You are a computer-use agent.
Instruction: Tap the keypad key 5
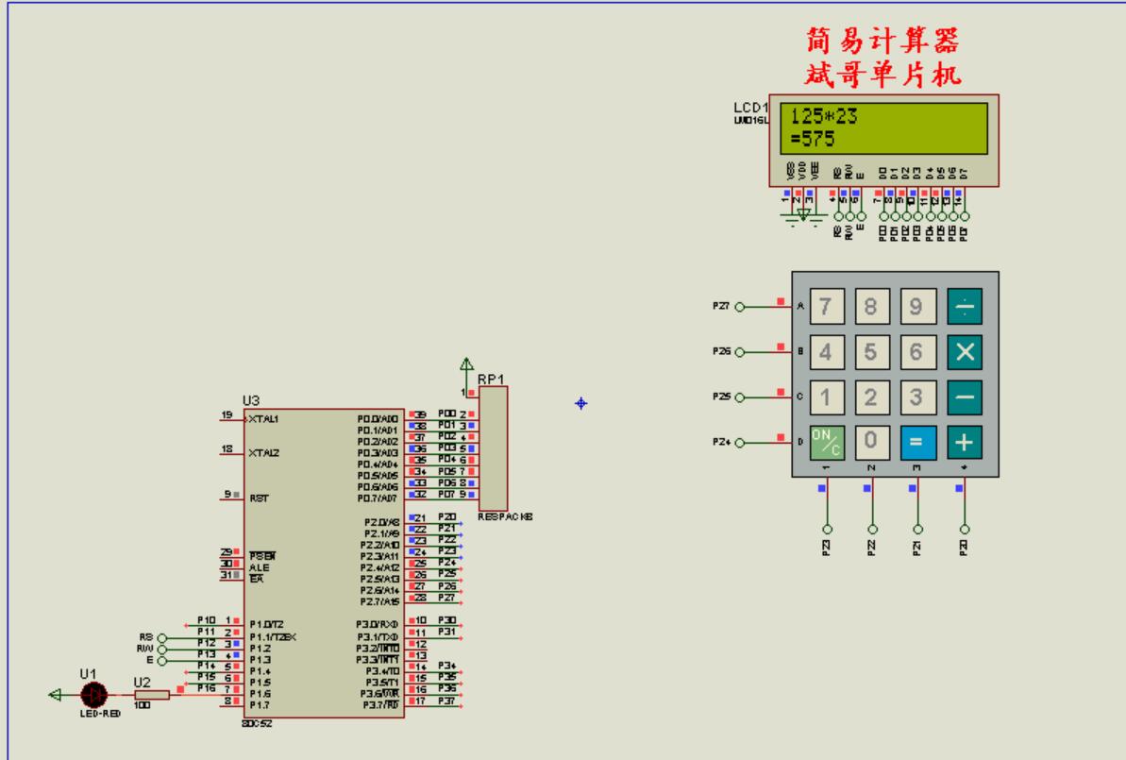[x=871, y=352]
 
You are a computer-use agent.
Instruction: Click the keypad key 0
[x=871, y=440]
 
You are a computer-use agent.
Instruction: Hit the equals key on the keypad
[x=916, y=440]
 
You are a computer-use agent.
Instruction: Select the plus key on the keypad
[x=964, y=440]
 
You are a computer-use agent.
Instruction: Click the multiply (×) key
[x=964, y=352]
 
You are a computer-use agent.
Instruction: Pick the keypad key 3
[x=916, y=397]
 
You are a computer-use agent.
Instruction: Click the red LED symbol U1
[x=93, y=695]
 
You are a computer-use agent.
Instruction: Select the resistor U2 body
[x=152, y=695]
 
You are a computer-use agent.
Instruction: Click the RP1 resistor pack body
[x=493, y=448]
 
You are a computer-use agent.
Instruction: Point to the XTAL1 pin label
[x=265, y=417]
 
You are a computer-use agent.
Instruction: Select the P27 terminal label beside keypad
[x=722, y=306]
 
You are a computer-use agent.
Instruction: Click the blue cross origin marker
[x=580, y=403]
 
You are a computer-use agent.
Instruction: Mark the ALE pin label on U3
[x=259, y=566]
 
